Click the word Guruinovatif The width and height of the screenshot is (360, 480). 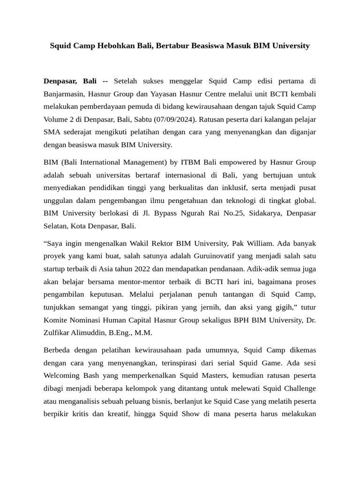click(210, 256)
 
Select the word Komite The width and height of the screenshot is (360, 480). click(56, 320)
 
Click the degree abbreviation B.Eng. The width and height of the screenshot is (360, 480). click(123, 332)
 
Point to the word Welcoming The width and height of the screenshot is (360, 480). click(62, 375)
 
